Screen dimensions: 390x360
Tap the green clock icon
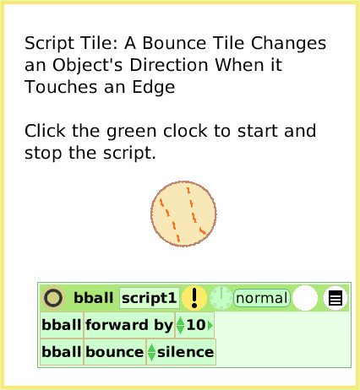pos(221,298)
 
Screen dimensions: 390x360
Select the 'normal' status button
pos(262,298)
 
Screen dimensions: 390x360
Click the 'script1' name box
pos(149,298)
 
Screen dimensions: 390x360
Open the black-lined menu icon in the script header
pos(335,298)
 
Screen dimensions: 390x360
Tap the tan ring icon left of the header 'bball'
pos(53,298)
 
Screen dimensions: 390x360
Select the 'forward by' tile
pos(128,325)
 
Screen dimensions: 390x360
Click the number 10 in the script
pos(195,325)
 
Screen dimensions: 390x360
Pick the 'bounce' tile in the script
pos(115,352)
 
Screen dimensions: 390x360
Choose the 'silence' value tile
pos(185,352)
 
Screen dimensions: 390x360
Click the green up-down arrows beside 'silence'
pos(152,352)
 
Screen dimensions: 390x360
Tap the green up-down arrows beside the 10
pos(180,325)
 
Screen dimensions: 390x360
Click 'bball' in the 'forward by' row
pos(62,325)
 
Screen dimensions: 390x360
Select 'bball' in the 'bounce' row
pos(62,352)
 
